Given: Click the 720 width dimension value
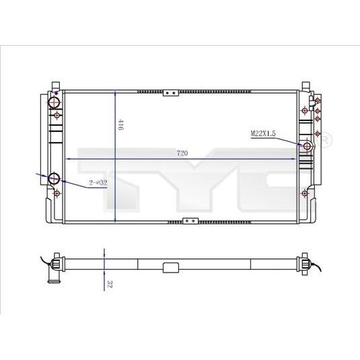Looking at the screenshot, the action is click(x=182, y=153).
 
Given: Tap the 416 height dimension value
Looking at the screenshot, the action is click(x=120, y=124).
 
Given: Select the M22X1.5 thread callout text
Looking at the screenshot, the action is click(x=263, y=133).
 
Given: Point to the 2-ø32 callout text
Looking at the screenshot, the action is click(x=98, y=183).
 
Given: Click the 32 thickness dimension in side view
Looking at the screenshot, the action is click(x=110, y=284).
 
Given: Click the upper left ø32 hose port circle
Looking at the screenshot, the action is click(x=54, y=102).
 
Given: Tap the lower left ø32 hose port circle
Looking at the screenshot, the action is click(x=55, y=178).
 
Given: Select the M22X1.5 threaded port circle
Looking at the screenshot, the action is click(x=307, y=146).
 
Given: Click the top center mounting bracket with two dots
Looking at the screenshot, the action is click(x=171, y=93).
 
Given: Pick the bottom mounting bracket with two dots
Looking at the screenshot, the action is click(x=190, y=221).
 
